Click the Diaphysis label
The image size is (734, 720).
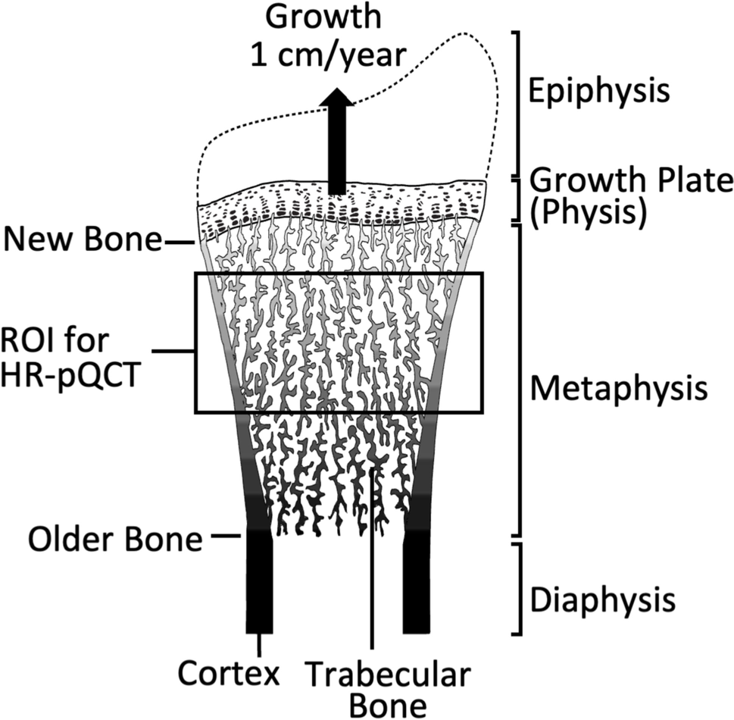601,599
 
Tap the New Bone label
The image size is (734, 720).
82,243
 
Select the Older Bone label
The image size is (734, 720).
115,540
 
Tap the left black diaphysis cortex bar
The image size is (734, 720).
259,584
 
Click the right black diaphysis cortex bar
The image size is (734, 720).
417,584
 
